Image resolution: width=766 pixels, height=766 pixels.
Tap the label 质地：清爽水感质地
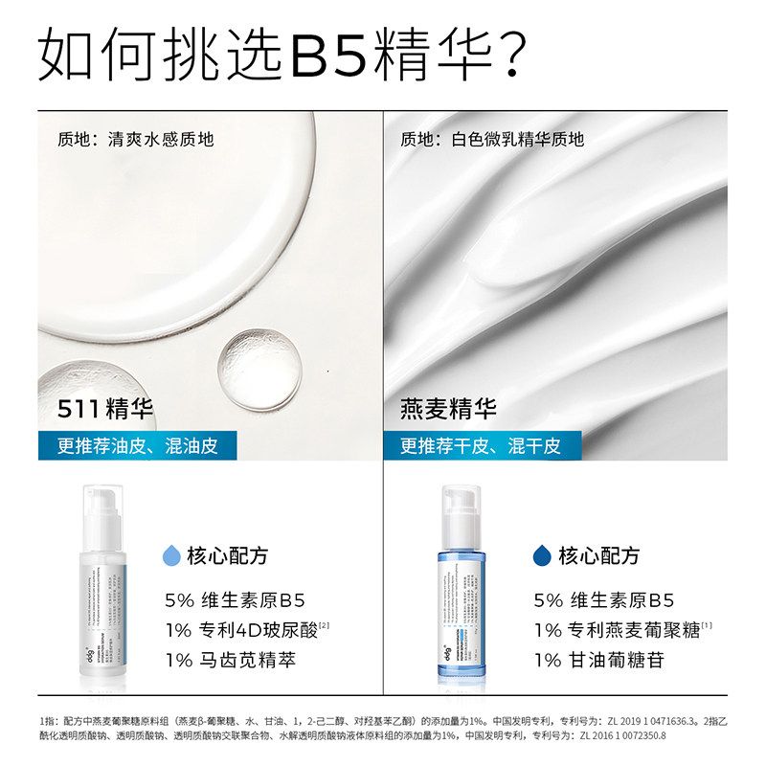point(135,140)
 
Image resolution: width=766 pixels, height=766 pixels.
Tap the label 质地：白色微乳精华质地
point(492,140)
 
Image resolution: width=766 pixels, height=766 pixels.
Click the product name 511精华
point(106,410)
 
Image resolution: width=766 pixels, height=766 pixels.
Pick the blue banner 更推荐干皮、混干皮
point(480,445)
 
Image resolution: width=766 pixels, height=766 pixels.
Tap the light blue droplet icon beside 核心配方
point(172,555)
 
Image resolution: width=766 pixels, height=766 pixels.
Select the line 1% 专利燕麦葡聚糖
point(618,630)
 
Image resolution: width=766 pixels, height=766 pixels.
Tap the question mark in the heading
point(505,56)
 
